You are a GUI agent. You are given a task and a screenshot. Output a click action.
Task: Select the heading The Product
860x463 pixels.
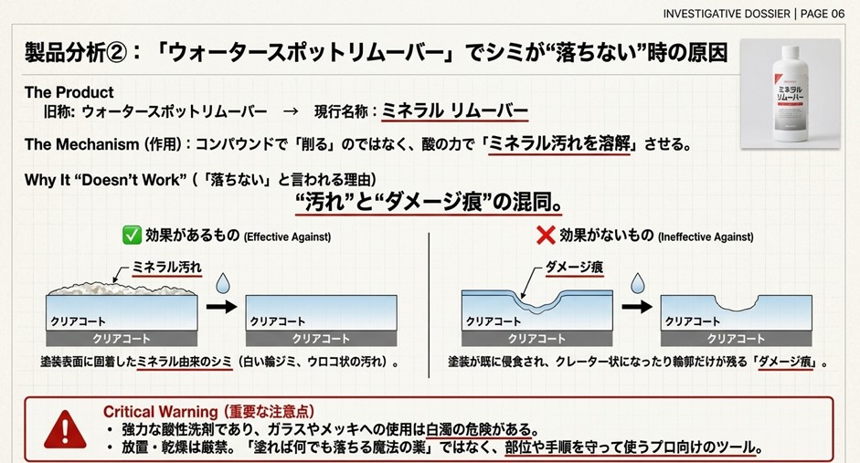69,92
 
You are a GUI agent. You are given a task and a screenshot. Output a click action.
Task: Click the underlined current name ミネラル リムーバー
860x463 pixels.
454,111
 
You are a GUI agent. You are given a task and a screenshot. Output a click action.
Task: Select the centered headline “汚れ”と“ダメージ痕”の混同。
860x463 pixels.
428,201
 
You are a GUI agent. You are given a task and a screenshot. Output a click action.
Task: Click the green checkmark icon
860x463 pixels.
133,236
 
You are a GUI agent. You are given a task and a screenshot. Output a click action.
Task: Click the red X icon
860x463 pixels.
546,236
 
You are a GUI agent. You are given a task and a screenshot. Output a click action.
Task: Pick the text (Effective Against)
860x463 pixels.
287,237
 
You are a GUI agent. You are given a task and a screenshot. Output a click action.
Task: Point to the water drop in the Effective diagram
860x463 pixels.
222,286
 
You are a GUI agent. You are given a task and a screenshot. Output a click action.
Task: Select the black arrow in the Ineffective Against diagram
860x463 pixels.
636,307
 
